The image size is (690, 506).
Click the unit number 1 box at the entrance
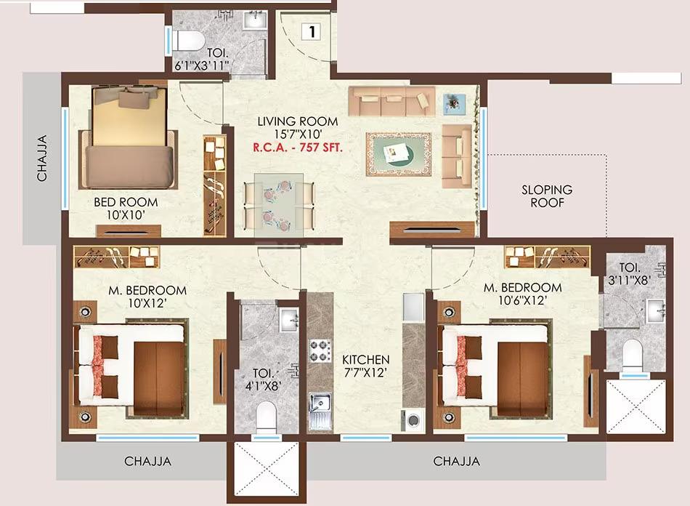point(311,31)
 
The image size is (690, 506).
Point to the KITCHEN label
point(366,360)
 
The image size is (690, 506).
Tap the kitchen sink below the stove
point(320,408)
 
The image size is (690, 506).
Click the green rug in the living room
point(398,153)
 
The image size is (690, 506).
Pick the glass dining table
point(279,201)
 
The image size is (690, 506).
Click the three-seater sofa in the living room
point(391,101)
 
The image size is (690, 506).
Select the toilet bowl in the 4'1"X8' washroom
point(266,417)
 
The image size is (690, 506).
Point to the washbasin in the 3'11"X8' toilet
point(658,312)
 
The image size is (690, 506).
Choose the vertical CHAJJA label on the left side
point(42,158)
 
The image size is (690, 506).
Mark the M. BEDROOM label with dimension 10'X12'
point(147,290)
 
